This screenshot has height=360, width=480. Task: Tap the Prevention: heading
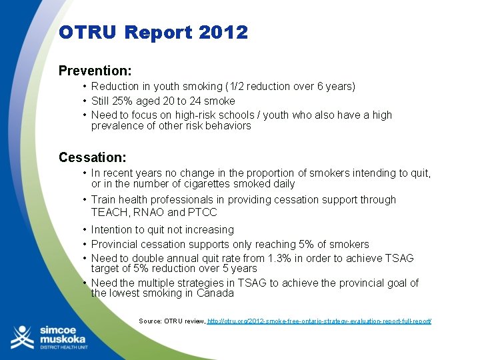pyautogui.click(x=95, y=70)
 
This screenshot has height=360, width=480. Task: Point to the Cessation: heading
pyautogui.click(x=92, y=157)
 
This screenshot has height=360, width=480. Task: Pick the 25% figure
pyautogui.click(x=127, y=101)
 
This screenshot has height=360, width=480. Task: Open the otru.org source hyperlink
pyautogui.click(x=319, y=321)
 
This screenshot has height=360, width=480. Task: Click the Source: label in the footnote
pyautogui.click(x=153, y=321)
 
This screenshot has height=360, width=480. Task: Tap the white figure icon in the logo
pyautogui.click(x=21, y=337)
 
